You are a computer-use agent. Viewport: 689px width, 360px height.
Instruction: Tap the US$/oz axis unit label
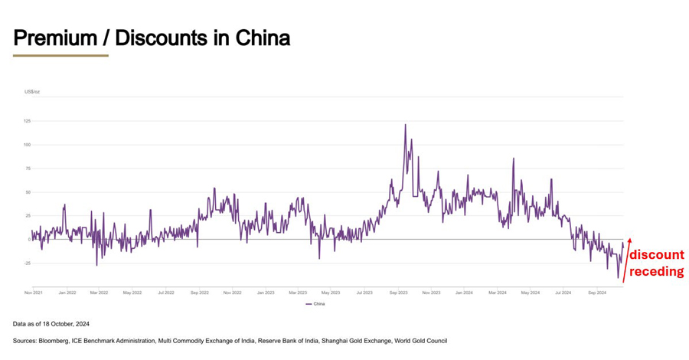(31, 92)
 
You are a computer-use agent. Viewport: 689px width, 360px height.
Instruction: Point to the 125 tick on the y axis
(27, 121)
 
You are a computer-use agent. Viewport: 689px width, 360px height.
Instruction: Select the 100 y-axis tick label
(27, 145)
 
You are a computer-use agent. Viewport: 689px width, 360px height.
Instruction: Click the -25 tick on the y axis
(26, 263)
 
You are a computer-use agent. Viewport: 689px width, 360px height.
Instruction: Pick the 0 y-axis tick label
(29, 240)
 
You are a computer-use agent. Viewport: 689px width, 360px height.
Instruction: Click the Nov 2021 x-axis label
(33, 293)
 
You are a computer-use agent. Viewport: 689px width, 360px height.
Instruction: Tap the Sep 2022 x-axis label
(199, 293)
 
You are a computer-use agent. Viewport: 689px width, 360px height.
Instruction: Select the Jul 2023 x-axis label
(364, 293)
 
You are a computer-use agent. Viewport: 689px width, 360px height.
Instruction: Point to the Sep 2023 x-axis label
(398, 293)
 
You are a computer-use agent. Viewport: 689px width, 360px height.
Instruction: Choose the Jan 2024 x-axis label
(464, 293)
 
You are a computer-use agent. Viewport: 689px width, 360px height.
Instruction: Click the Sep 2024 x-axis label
(597, 293)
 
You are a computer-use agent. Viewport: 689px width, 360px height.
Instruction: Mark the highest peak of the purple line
(405, 125)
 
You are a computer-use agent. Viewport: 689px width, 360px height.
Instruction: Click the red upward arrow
(627, 260)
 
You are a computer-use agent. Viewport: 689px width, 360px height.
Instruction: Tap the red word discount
(657, 255)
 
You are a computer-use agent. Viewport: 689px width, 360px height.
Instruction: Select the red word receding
(657, 270)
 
